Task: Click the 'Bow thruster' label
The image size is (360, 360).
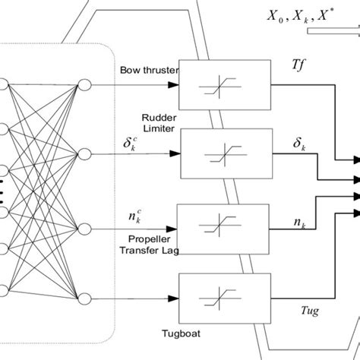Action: [x=149, y=71]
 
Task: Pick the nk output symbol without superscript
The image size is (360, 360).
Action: [x=299, y=223]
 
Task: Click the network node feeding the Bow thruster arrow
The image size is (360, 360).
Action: [x=85, y=84]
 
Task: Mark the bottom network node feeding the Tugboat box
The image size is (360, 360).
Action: [x=85, y=298]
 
